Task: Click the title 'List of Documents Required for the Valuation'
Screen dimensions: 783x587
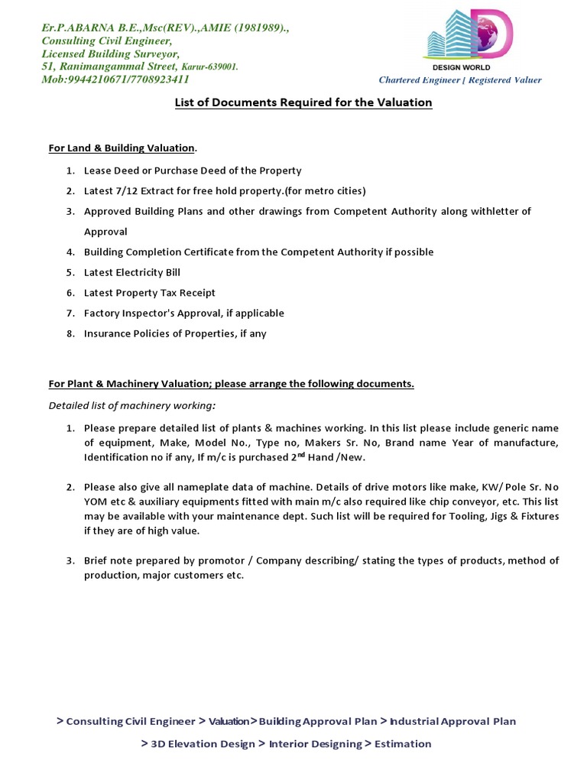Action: (303, 102)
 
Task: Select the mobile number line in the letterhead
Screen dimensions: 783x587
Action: (115, 79)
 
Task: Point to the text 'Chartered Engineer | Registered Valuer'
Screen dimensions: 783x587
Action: (460, 80)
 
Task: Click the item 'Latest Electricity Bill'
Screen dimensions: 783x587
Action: (132, 272)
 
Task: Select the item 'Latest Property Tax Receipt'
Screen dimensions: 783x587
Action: (150, 293)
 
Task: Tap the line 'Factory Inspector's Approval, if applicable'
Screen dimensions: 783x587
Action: (183, 313)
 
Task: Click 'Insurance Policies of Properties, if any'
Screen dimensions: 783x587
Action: (175, 333)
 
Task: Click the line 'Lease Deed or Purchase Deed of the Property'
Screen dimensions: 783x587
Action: (193, 171)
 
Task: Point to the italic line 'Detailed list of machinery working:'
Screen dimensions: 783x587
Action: (132, 404)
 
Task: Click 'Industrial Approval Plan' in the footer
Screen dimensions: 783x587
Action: (453, 721)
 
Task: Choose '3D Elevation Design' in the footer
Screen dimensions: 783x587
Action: (203, 744)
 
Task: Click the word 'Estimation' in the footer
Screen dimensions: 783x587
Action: (403, 744)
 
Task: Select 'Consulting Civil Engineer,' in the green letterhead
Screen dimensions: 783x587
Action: (107, 41)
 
